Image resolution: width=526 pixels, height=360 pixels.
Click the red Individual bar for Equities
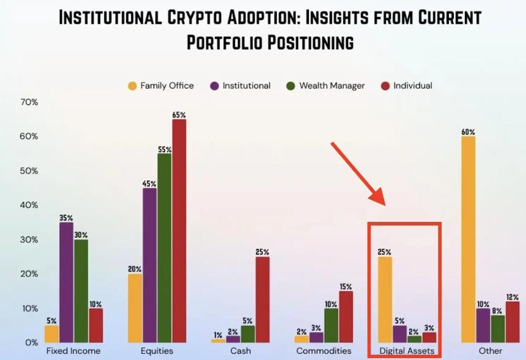tap(179, 230)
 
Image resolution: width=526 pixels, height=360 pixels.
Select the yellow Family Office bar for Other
tap(468, 239)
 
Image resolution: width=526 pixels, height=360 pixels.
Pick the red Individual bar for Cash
tap(262, 299)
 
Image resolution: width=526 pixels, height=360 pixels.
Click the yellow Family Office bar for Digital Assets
tap(385, 299)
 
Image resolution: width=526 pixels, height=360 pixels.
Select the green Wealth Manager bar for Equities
tap(164, 248)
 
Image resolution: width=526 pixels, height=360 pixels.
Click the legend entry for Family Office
tap(160, 86)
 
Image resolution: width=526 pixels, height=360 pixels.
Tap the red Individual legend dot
tap(385, 86)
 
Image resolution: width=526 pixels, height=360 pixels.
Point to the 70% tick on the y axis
tap(29, 102)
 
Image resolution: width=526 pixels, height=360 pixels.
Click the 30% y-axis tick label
tap(29, 240)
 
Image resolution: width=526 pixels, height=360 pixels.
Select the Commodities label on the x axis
tap(324, 351)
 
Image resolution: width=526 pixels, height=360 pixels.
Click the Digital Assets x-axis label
tap(407, 351)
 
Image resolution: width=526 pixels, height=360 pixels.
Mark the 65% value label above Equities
tap(179, 114)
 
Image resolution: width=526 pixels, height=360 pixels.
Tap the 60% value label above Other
tap(468, 131)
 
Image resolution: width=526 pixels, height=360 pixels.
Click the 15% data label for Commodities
tap(346, 286)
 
